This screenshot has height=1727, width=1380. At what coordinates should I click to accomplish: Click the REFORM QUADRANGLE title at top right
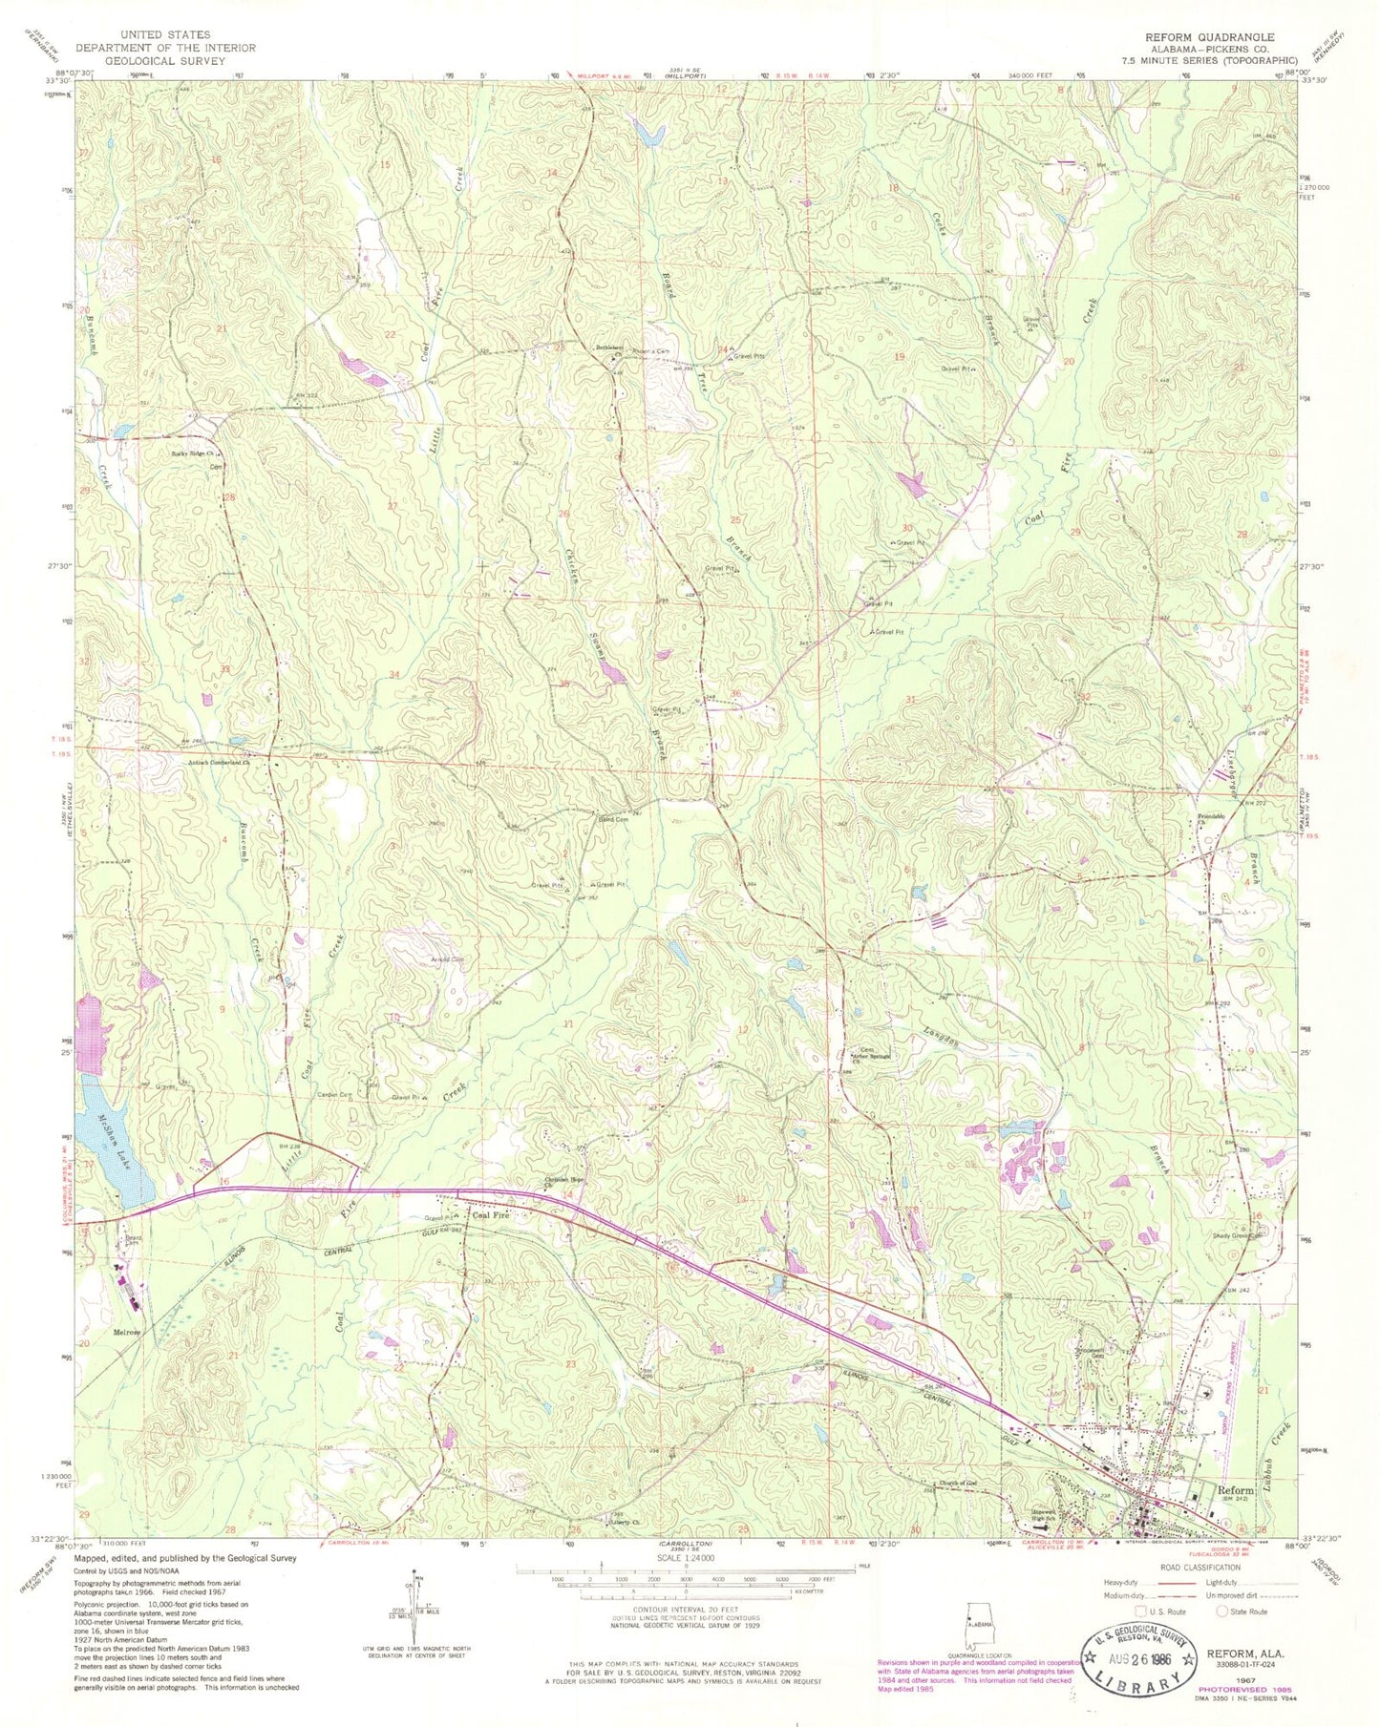pyautogui.click(x=1210, y=37)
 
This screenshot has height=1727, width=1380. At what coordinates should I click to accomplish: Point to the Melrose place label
pyautogui.click(x=126, y=1333)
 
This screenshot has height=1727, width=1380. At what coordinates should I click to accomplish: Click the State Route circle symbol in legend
pyautogui.click(x=1223, y=1611)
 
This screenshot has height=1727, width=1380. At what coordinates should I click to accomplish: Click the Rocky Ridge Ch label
pyautogui.click(x=196, y=453)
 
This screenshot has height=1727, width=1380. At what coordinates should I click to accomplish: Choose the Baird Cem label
pyautogui.click(x=612, y=819)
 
